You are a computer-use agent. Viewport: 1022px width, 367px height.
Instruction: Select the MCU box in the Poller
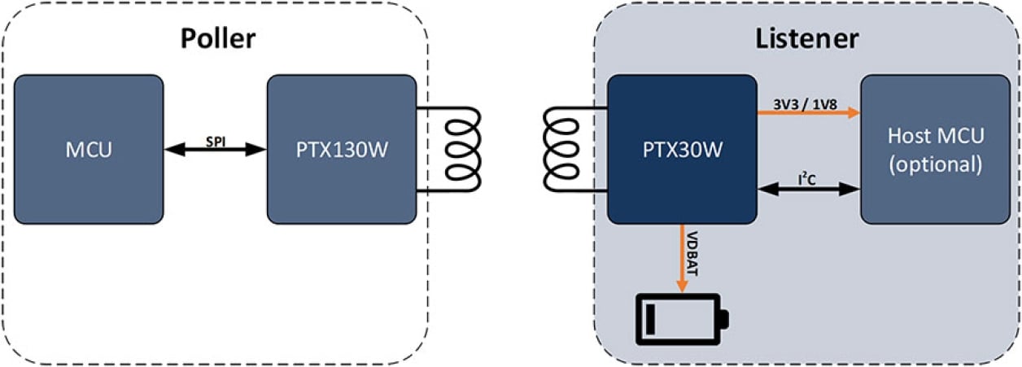[x=88, y=150]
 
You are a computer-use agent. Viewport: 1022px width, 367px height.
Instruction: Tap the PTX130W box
[x=342, y=150]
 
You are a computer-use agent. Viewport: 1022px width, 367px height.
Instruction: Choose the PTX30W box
[x=682, y=150]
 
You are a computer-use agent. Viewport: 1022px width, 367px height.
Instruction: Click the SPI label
[x=215, y=140]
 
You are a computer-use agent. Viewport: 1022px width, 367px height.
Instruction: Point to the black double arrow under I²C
[x=809, y=189]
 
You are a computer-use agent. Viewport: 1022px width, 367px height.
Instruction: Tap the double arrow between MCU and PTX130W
[x=215, y=151]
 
